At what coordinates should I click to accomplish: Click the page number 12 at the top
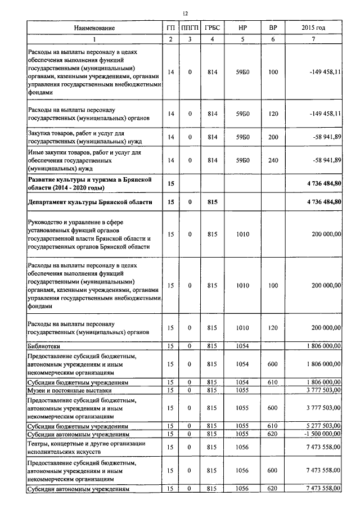click(185, 13)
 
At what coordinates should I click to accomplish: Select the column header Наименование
click(94, 28)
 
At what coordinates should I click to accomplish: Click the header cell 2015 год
click(313, 28)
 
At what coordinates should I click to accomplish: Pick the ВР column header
click(273, 28)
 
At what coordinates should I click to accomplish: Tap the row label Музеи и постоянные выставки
click(70, 389)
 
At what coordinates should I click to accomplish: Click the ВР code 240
click(273, 160)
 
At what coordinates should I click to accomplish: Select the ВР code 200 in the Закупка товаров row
click(273, 137)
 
